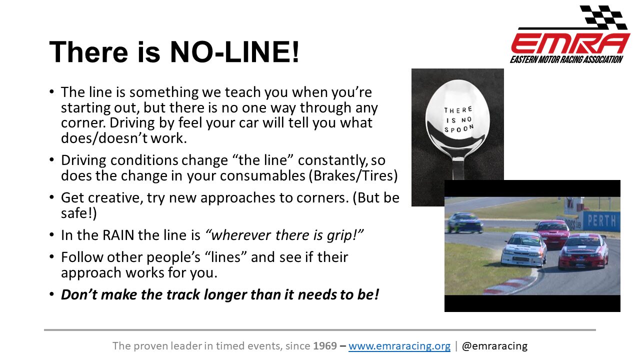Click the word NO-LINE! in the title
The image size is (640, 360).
click(x=234, y=52)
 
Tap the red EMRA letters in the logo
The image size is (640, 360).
click(x=570, y=43)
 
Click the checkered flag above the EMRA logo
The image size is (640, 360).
click(x=602, y=17)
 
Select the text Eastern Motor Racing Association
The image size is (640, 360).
click(x=566, y=59)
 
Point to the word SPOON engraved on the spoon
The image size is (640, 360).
click(x=459, y=129)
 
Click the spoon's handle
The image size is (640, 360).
click(x=458, y=168)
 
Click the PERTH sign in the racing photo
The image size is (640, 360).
click(x=601, y=220)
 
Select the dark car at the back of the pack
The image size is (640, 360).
click(x=465, y=222)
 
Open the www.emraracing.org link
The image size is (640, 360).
click(x=399, y=345)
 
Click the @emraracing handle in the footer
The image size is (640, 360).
click(x=494, y=345)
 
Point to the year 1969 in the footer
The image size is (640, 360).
click(x=325, y=345)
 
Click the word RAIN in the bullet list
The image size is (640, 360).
click(x=118, y=235)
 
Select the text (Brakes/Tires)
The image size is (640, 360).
click(x=353, y=175)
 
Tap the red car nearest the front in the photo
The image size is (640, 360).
click(x=583, y=251)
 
